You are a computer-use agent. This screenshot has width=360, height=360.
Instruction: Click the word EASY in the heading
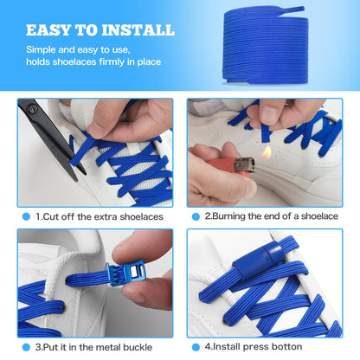tap(51, 30)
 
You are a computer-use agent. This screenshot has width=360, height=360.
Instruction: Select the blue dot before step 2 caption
tap(196, 216)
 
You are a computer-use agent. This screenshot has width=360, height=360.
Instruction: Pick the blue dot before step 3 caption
tap(25, 346)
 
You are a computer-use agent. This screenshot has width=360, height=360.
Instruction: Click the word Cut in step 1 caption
tap(51, 216)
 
